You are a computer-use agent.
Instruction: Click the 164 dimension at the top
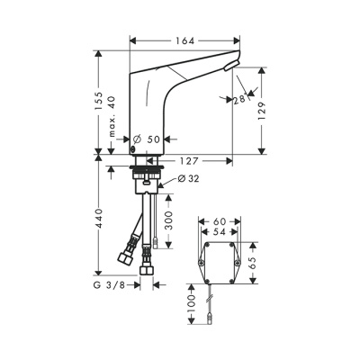[185, 40]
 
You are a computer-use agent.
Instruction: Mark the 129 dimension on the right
[262, 112]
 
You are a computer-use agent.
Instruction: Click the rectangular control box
[221, 264]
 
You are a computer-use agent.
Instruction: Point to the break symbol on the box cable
[211, 299]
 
